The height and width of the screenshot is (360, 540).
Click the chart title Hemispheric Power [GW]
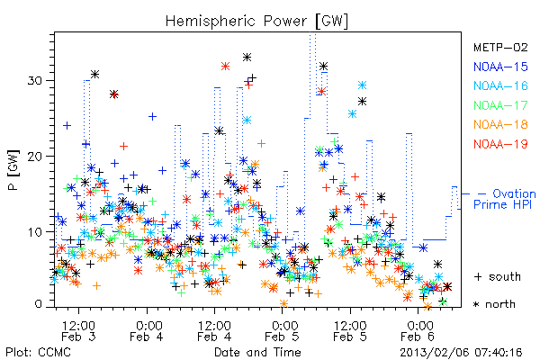pyautogui.click(x=256, y=22)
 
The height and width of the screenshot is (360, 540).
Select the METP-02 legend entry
pyautogui.click(x=500, y=47)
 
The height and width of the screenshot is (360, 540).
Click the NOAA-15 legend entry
pyautogui.click(x=500, y=67)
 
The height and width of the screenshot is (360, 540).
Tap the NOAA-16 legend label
pyautogui.click(x=500, y=85)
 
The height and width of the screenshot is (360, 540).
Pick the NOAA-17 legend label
pyautogui.click(x=500, y=105)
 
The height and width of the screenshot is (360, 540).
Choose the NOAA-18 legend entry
pyautogui.click(x=500, y=124)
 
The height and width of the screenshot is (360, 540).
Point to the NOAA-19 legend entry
pyautogui.click(x=500, y=144)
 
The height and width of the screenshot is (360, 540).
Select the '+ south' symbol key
pyautogui.click(x=498, y=276)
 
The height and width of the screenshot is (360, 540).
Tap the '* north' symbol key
pyautogui.click(x=494, y=304)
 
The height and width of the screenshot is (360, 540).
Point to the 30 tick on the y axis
pyautogui.click(x=34, y=81)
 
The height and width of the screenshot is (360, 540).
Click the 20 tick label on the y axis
pyautogui.click(x=34, y=156)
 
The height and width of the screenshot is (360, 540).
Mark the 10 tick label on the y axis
pyautogui.click(x=34, y=231)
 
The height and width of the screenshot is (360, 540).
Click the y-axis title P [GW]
pyautogui.click(x=14, y=170)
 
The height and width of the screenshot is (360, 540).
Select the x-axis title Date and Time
pyautogui.click(x=257, y=352)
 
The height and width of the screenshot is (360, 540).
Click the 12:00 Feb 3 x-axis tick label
pyautogui.click(x=78, y=330)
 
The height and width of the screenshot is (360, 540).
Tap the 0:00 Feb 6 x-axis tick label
pyautogui.click(x=418, y=330)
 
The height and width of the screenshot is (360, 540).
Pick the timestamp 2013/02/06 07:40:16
pyautogui.click(x=461, y=353)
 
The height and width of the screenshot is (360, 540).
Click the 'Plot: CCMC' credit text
pyautogui.click(x=38, y=353)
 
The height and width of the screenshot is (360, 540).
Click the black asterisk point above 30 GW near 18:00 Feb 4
pyautogui.click(x=247, y=58)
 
